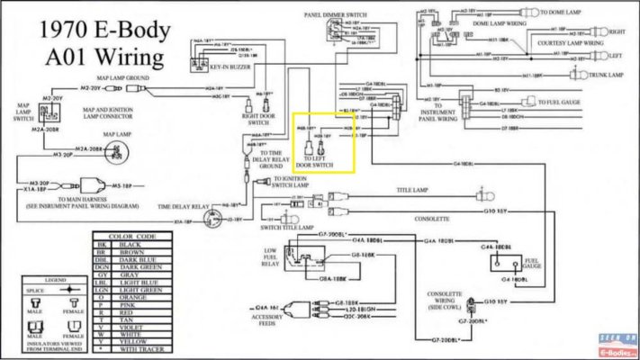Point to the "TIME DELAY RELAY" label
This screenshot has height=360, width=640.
(185, 207)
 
